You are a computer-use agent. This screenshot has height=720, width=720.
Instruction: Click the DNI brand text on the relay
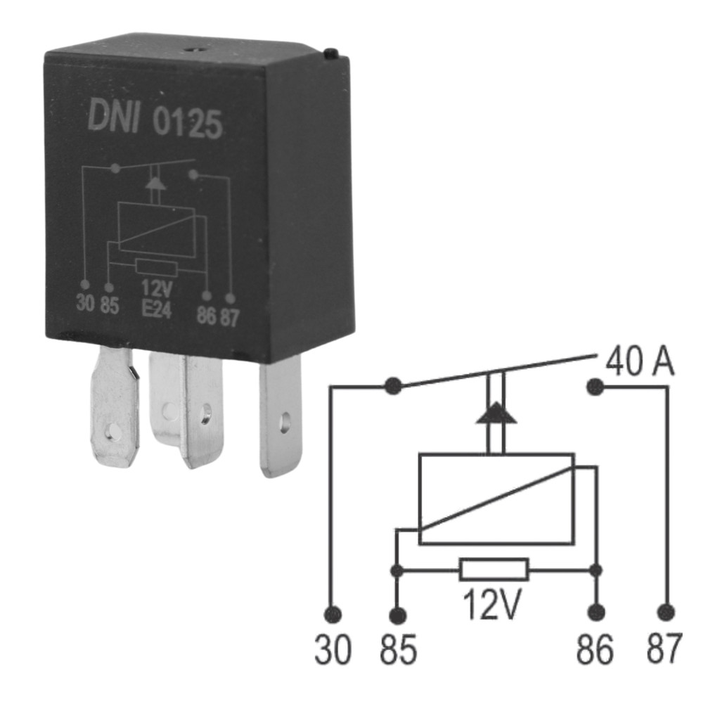pyautogui.click(x=113, y=116)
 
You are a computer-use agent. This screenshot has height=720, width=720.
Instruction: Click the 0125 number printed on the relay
pyautogui.click(x=187, y=124)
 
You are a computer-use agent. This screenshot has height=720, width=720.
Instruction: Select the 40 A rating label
pyautogui.click(x=640, y=361)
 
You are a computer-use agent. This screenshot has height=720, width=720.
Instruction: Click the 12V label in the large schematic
pyautogui.click(x=491, y=604)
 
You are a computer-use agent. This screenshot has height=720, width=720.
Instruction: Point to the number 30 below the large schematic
pyautogui.click(x=333, y=650)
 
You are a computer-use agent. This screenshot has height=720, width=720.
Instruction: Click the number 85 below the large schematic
pyautogui.click(x=399, y=650)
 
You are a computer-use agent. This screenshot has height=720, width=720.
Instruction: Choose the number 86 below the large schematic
pyautogui.click(x=595, y=650)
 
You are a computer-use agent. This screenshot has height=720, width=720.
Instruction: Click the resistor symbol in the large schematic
pyautogui.click(x=494, y=570)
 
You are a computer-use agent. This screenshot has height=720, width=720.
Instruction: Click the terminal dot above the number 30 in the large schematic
pyautogui.click(x=333, y=613)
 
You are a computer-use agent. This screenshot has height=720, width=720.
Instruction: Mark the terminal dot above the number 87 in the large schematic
pyautogui.click(x=666, y=612)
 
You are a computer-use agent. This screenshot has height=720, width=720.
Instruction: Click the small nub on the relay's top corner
pyautogui.click(x=332, y=53)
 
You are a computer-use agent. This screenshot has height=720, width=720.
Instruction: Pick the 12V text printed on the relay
pyautogui.click(x=156, y=289)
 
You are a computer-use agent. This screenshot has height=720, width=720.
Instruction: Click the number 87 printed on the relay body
pyautogui.click(x=230, y=318)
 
